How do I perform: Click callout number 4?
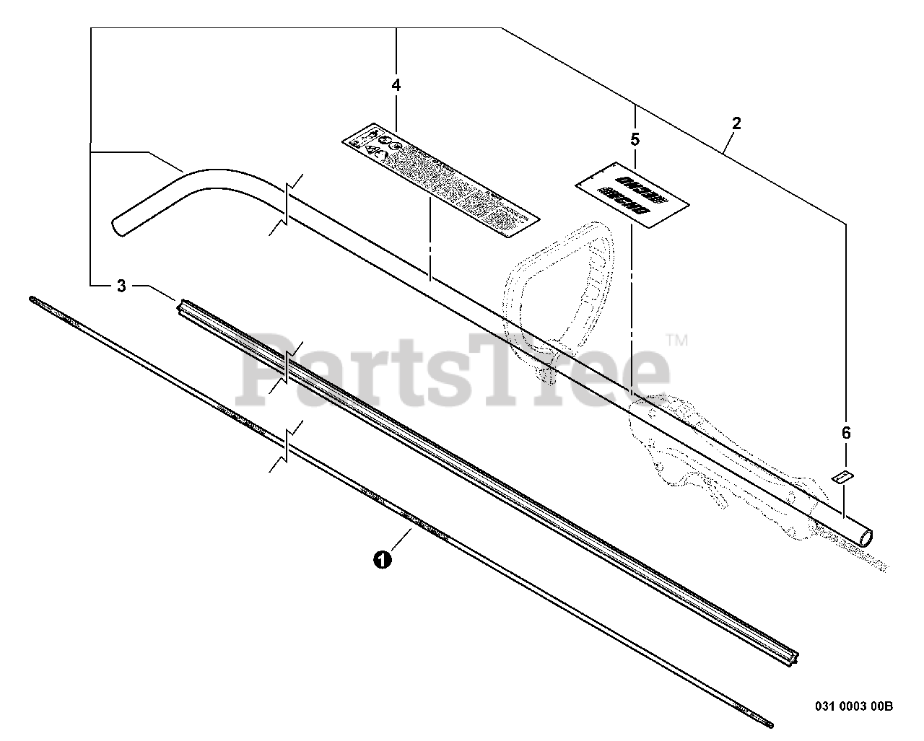point(396,85)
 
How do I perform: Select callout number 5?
point(635,139)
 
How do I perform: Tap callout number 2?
point(736,123)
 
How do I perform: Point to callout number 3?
point(121,286)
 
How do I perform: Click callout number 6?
point(846,433)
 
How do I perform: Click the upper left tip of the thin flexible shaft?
point(33,297)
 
